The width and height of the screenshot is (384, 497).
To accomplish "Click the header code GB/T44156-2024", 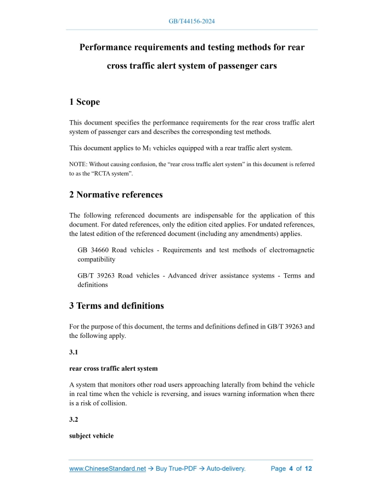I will (192, 21).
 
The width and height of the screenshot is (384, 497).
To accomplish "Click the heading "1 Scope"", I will (84, 101).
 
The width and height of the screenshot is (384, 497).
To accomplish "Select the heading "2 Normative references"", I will (116, 194).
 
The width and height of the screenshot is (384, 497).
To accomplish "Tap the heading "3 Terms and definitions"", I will (116, 306).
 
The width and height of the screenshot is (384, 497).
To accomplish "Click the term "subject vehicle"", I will (91, 436).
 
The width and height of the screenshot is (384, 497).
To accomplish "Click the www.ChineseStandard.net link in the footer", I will (108, 469).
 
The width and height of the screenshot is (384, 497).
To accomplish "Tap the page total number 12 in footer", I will (308, 469).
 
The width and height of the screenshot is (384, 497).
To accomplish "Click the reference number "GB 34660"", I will (93, 250).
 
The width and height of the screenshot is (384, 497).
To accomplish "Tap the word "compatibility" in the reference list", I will (97, 259).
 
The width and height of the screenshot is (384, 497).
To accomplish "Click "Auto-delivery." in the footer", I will (226, 469).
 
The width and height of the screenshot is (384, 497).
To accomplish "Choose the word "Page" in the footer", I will (279, 469).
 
